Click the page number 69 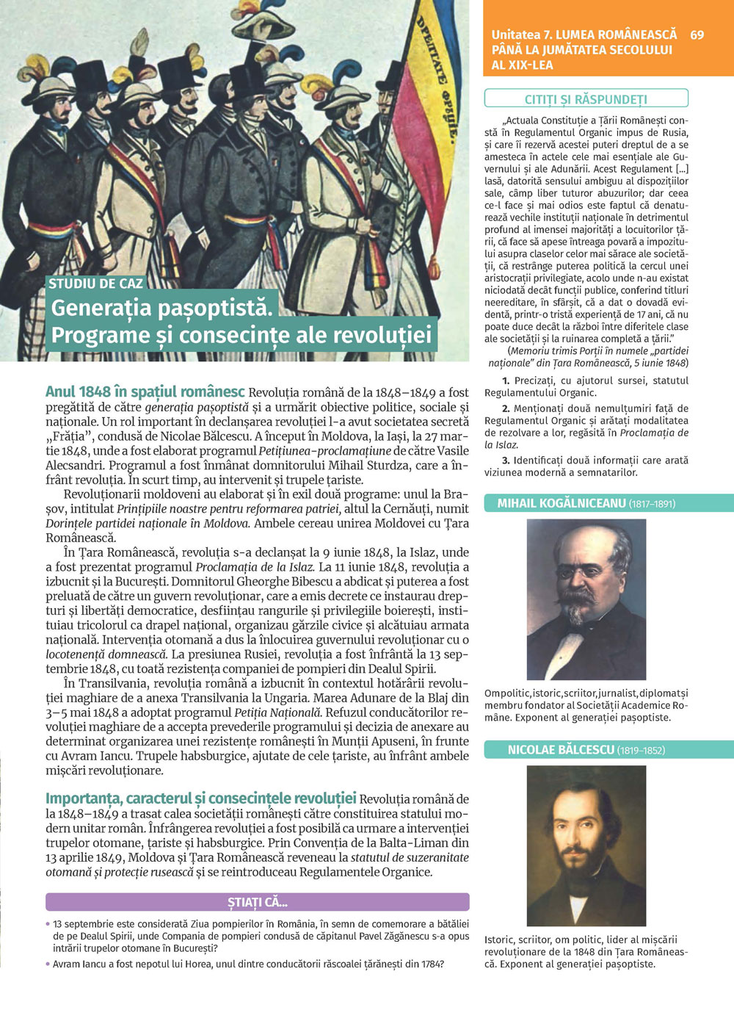[x=697, y=35]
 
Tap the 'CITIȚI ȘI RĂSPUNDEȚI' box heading [x=586, y=99]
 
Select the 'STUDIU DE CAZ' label [x=96, y=284]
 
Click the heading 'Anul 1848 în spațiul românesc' [x=145, y=392]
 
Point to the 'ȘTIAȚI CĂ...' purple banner [x=257, y=902]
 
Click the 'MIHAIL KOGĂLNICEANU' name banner [x=586, y=503]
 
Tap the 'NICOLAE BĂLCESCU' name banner [x=586, y=750]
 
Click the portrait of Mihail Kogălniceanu [x=586, y=599]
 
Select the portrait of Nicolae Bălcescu [x=586, y=845]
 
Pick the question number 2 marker [x=506, y=408]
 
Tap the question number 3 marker [x=506, y=461]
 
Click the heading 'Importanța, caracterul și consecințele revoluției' [x=200, y=798]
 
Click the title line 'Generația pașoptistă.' [x=161, y=308]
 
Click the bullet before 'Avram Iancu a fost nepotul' [x=48, y=964]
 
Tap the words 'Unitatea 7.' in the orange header [x=522, y=35]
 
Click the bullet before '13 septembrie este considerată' [x=48, y=924]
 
